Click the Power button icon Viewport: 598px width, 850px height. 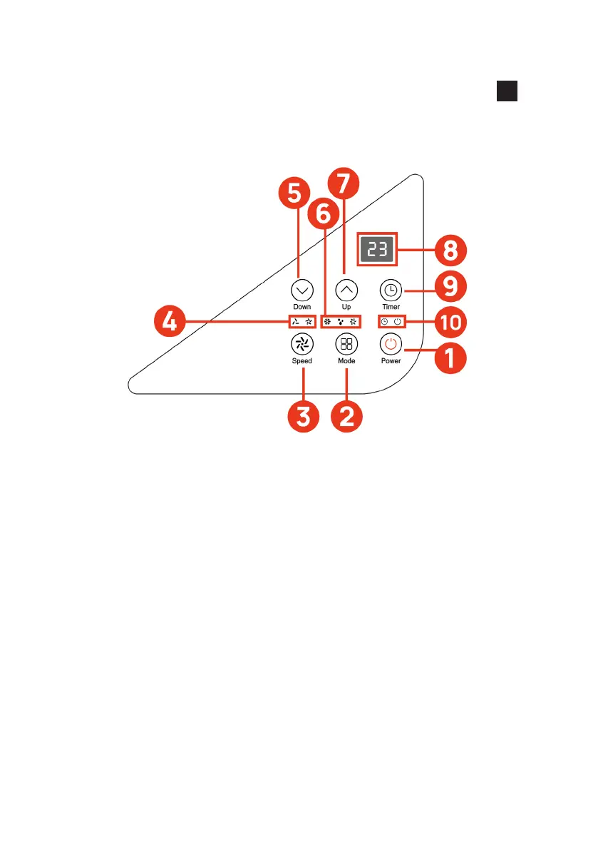(390, 344)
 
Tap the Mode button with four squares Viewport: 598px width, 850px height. (346, 344)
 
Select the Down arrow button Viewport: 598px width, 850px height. (302, 290)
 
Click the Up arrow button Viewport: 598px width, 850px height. (346, 290)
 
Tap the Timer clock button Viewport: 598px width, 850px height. (390, 290)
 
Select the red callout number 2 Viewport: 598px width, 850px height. (347, 415)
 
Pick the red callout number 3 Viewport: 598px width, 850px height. (303, 415)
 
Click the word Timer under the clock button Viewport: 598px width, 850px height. (390, 306)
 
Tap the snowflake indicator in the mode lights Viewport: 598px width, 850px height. (328, 322)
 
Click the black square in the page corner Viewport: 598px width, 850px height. (507, 91)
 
